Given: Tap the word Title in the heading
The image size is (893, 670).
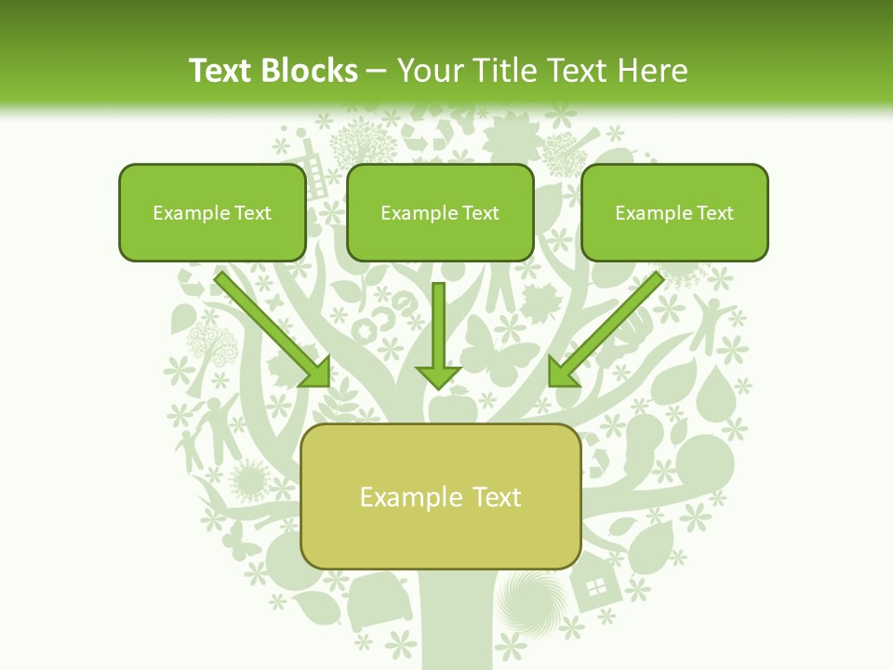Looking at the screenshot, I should tap(503, 71).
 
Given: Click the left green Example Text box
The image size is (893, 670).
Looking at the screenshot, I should tap(212, 213).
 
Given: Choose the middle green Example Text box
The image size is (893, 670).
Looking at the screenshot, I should tap(440, 213).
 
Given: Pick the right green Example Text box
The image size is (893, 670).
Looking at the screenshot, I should tap(674, 213).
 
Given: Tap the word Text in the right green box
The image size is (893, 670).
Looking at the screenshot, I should tap(713, 213).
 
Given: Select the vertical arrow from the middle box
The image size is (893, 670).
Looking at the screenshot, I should tap(438, 335).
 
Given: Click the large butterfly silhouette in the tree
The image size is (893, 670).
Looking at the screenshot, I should tap(493, 349).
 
